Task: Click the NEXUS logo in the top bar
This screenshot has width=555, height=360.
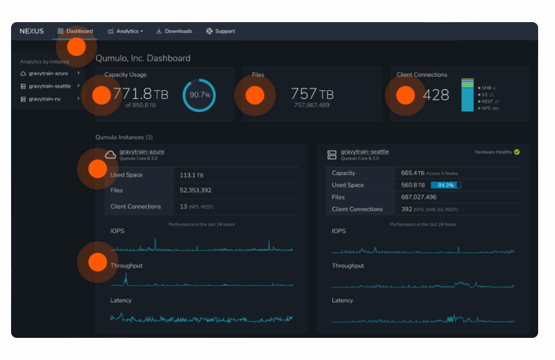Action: click(31, 31)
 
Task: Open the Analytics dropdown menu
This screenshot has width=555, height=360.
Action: click(126, 31)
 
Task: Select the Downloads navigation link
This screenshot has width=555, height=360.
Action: click(175, 31)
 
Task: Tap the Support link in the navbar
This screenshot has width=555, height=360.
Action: click(221, 31)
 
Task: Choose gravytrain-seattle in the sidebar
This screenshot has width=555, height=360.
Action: click(49, 86)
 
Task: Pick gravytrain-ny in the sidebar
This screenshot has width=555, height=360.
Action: click(45, 99)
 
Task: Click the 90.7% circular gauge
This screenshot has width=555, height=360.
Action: click(200, 94)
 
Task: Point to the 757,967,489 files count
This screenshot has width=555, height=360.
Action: click(312, 105)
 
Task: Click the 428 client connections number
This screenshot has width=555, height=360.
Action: click(436, 95)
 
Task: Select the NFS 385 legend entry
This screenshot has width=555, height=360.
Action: click(489, 108)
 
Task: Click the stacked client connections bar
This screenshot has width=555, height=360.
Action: click(467, 95)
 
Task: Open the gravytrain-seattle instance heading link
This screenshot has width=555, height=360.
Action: click(365, 152)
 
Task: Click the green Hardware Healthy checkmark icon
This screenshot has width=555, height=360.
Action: click(517, 152)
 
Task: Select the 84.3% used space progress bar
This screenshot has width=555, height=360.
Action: click(446, 185)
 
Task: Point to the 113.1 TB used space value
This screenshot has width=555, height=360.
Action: click(191, 175)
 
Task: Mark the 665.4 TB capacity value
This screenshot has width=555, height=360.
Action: click(412, 173)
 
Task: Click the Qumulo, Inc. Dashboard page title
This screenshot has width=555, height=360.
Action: click(143, 58)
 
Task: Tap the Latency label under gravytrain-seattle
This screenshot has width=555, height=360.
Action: click(342, 301)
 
